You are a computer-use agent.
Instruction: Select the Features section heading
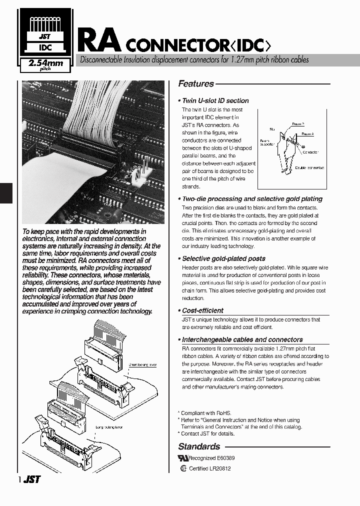pos(196,84)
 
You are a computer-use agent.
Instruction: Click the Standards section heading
pos(199,446)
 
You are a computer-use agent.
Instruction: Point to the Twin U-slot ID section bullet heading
pos(215,100)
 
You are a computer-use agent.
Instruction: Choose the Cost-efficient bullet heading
pos(202,310)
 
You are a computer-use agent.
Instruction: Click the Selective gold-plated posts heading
pos(223,258)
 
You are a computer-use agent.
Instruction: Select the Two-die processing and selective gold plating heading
pos(252,199)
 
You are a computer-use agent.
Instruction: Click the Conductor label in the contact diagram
pos(310,151)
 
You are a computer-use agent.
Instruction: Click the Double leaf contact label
pos(309,168)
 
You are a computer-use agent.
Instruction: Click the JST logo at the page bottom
pos(32,479)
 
